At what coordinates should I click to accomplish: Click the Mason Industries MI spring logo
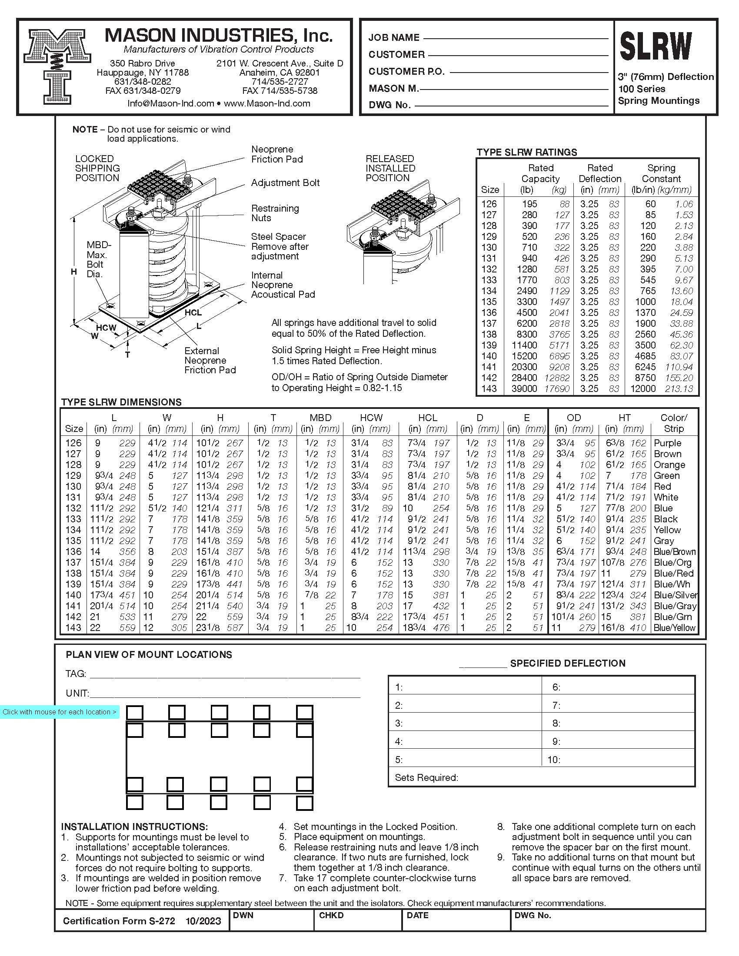coord(57,66)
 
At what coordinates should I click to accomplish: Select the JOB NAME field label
coord(393,38)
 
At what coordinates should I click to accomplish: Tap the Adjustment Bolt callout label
coord(285,183)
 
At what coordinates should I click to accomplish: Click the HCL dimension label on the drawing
coord(193,312)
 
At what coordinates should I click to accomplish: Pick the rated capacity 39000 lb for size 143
coord(524,389)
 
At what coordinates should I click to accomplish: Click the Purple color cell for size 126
coord(667,443)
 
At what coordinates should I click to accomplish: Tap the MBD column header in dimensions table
coord(320,418)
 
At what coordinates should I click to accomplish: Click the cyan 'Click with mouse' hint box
coord(60,712)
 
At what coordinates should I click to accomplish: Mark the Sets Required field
coord(426,777)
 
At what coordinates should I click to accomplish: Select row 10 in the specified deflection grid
coord(554,760)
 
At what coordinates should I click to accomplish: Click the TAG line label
coord(76,674)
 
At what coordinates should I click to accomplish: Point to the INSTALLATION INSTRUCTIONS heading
coord(134,827)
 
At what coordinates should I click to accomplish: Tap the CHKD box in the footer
coord(331,915)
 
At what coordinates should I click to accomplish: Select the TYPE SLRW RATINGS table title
coord(527,153)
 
